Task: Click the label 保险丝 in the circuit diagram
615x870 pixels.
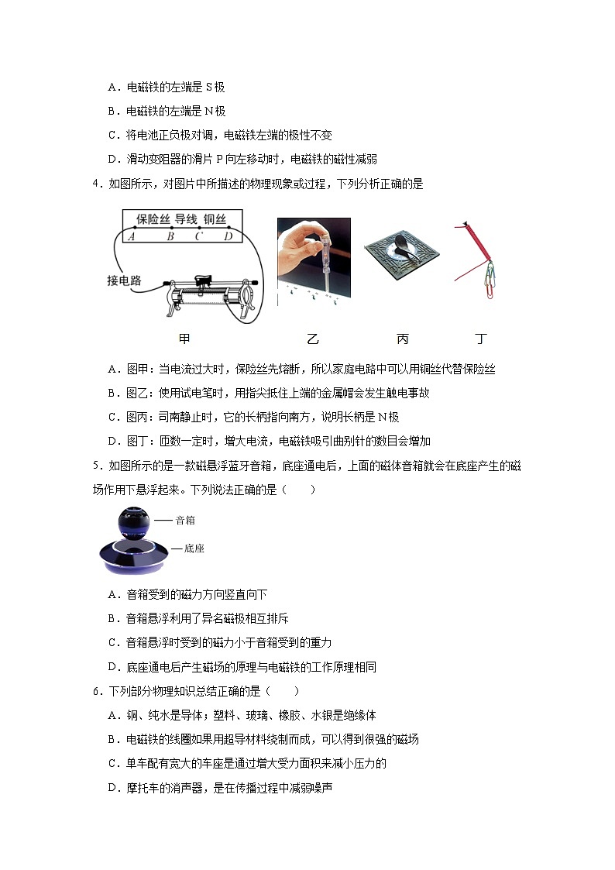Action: [x=153, y=219]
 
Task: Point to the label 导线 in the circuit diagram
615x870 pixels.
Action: [x=186, y=219]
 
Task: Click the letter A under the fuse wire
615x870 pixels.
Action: [x=132, y=236]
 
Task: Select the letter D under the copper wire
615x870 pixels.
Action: [x=228, y=236]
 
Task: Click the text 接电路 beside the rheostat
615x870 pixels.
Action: [x=124, y=280]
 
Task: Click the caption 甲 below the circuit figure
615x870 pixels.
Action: [x=184, y=339]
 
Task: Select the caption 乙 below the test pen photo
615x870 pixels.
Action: [x=312, y=339]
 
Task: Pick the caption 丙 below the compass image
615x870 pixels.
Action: [x=402, y=339]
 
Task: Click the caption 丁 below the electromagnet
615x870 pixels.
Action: [x=481, y=339]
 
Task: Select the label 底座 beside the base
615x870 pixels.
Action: [x=194, y=548]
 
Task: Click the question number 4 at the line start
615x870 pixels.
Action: [x=95, y=184]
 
